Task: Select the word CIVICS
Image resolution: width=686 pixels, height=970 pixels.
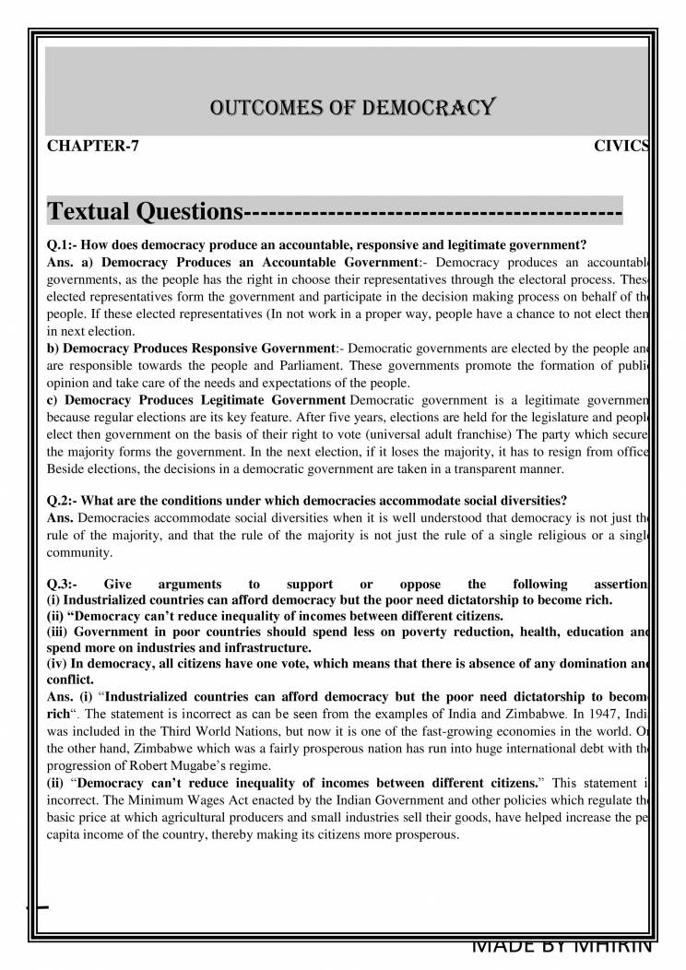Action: pos(622,147)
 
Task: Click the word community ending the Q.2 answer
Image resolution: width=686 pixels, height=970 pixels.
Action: pos(81,553)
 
